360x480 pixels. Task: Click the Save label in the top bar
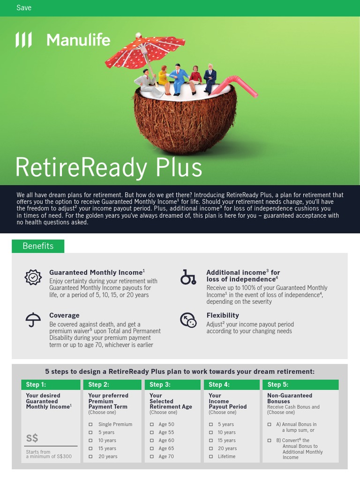coord(24,7)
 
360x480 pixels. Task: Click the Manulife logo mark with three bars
coord(23,40)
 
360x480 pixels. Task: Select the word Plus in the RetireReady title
coord(177,167)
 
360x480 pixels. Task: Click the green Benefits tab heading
coord(38,246)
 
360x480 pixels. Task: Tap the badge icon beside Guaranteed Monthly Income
coord(33,277)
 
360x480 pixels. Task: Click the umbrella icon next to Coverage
coord(33,320)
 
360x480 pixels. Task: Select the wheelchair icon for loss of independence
coord(188,277)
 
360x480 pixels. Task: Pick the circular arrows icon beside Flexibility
coord(188,320)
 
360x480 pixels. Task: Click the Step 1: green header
coord(51,384)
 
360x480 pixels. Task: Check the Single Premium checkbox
coord(91,425)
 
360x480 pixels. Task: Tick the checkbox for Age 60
coord(152,441)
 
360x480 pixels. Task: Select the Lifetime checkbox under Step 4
coord(211,457)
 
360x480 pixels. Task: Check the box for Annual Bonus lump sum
coord(270,425)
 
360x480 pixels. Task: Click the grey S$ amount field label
coord(32,438)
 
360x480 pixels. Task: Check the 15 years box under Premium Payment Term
coord(91,449)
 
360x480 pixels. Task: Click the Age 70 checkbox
coord(152,457)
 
